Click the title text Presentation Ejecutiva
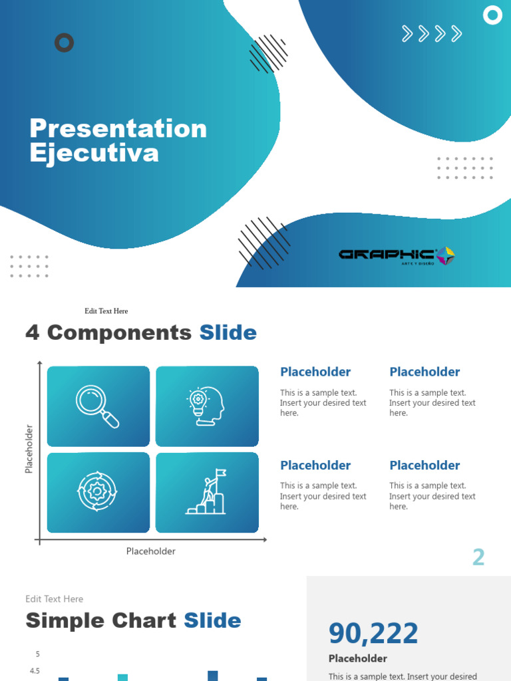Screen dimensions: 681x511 click(x=118, y=140)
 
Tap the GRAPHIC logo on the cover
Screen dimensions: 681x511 click(x=397, y=255)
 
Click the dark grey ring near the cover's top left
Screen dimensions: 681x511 click(x=64, y=43)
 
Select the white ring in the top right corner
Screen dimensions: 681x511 click(x=492, y=15)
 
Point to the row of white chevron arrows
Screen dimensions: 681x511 click(x=432, y=33)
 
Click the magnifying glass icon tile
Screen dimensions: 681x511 click(x=98, y=406)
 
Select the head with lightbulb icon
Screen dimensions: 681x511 click(x=207, y=406)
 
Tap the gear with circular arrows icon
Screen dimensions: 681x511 click(x=98, y=492)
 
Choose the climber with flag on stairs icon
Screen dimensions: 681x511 click(x=207, y=492)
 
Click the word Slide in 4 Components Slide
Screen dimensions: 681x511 click(x=228, y=333)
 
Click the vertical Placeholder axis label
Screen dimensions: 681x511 click(x=29, y=449)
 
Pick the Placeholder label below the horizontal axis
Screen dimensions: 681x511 click(x=151, y=551)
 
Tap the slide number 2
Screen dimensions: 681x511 click(x=478, y=557)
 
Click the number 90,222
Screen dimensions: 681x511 click(x=373, y=633)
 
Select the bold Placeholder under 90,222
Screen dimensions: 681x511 click(x=358, y=658)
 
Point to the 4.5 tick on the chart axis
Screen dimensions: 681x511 click(x=35, y=671)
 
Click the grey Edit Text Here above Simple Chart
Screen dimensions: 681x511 click(x=55, y=599)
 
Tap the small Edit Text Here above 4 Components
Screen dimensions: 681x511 click(x=106, y=311)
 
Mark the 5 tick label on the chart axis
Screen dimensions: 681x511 click(x=38, y=654)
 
